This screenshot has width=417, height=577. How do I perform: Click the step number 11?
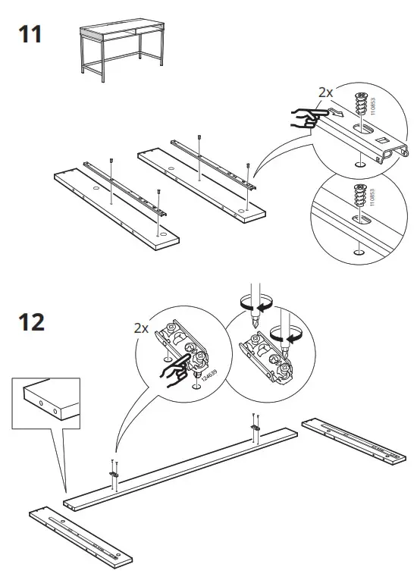point(28,34)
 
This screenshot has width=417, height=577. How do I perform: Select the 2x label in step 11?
point(325,92)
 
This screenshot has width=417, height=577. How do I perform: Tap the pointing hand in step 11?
point(307,116)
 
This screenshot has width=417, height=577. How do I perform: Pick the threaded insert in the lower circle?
point(361,196)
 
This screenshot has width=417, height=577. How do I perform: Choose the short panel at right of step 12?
point(356,440)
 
